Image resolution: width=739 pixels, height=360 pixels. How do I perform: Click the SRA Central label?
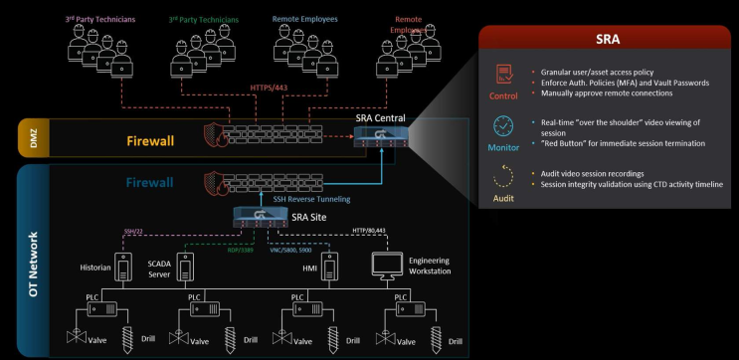point(381,119)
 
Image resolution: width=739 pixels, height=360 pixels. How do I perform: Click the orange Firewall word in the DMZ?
point(149,140)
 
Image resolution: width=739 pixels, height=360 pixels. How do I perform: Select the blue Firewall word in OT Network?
point(149,183)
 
